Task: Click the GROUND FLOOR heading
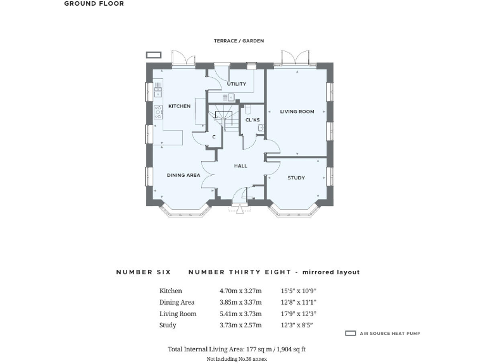point(94,4)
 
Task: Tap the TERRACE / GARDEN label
point(239,41)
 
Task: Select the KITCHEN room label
point(179,106)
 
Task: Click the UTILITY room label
point(237,84)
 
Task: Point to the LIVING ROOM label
point(297,112)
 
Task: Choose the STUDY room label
point(296,178)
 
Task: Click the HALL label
point(240,166)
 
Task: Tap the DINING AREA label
point(184,175)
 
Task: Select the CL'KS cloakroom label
point(252,119)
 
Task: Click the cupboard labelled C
point(214,136)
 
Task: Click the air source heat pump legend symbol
point(351,333)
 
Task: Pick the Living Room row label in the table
point(178,314)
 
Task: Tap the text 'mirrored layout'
point(331,272)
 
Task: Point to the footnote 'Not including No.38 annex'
point(237,359)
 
